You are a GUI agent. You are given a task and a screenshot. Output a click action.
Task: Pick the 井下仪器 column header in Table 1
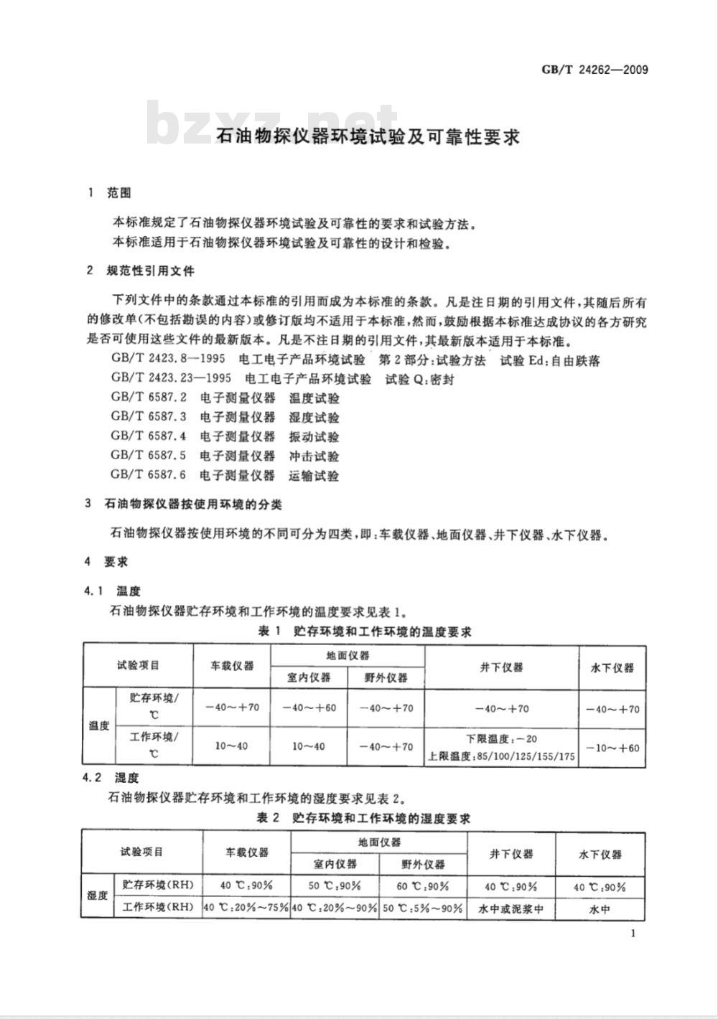[501, 667]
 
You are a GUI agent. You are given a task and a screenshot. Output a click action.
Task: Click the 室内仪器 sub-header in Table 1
[309, 677]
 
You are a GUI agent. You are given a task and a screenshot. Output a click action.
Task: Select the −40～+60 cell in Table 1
[309, 708]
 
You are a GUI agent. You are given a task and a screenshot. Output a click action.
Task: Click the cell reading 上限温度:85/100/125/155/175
[501, 756]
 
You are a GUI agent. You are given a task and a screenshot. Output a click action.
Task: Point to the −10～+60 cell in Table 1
[612, 748]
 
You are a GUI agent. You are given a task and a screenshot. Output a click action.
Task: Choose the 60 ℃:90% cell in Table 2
[423, 886]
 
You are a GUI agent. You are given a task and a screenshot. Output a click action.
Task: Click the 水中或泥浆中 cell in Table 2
[510, 908]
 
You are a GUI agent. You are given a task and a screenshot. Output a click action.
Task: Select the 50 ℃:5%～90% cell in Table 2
[423, 908]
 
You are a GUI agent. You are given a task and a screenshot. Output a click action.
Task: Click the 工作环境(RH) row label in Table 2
[158, 908]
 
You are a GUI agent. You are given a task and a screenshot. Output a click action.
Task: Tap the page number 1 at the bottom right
[632, 933]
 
